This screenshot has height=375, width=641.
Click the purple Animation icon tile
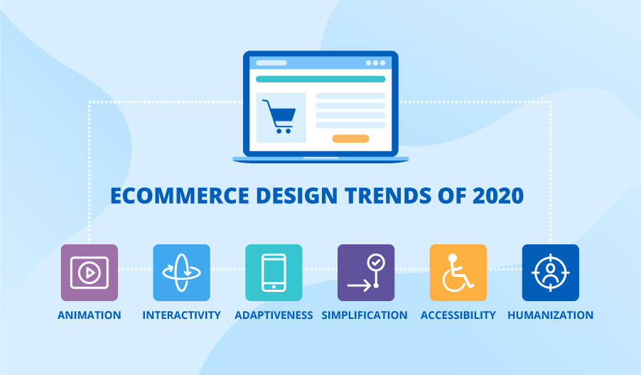pyautogui.click(x=90, y=273)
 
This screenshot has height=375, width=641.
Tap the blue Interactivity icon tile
pyautogui.click(x=181, y=273)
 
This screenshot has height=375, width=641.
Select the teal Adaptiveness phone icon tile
pyautogui.click(x=274, y=273)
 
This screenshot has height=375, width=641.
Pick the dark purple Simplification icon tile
pyautogui.click(x=366, y=273)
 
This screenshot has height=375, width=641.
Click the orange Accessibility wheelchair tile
pyautogui.click(x=458, y=273)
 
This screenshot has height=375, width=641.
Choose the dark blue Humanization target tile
pyautogui.click(x=551, y=273)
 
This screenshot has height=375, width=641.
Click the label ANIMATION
pyautogui.click(x=90, y=315)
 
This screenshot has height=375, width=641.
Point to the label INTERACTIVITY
pyautogui.click(x=181, y=315)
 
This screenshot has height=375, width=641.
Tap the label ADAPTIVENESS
pyautogui.click(x=274, y=315)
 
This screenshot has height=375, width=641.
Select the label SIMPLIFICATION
pyautogui.click(x=365, y=315)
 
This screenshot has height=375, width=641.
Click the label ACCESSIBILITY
pyautogui.click(x=458, y=315)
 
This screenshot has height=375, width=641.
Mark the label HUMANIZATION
pyautogui.click(x=551, y=315)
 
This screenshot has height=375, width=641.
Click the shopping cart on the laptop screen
pyautogui.click(x=279, y=116)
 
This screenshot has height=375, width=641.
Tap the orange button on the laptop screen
pyautogui.click(x=351, y=139)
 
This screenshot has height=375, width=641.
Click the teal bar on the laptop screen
pyautogui.click(x=320, y=80)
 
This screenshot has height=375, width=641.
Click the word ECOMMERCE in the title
pyautogui.click(x=180, y=196)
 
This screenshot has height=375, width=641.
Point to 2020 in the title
pyautogui.click(x=498, y=196)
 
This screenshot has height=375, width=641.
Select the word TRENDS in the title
pyautogui.click(x=388, y=196)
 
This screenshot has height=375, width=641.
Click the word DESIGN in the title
pyautogui.click(x=297, y=196)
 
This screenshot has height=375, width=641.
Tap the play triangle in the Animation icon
pyautogui.click(x=90, y=273)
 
